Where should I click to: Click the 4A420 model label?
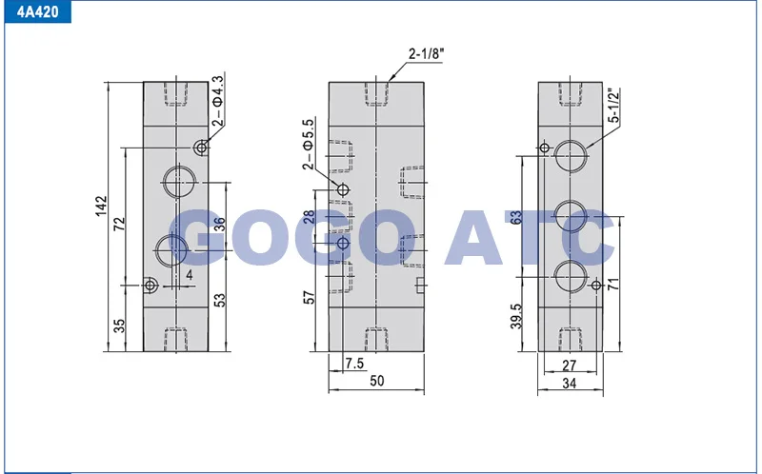[x=37, y=11]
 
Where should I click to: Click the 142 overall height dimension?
[x=101, y=206]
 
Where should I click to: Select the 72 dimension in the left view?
[x=119, y=224]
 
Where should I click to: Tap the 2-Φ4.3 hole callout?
[x=219, y=101]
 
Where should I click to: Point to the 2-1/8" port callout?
[x=426, y=53]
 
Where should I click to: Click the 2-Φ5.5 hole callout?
[x=309, y=144]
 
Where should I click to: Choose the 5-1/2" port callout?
[x=614, y=105]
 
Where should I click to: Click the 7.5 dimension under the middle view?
[x=354, y=363]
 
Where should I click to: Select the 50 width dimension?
[x=376, y=381]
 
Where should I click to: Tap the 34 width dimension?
[x=569, y=384]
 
